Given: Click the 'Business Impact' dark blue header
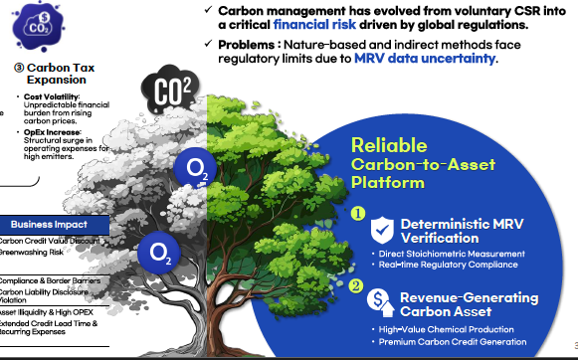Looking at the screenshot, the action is pyautogui.click(x=48, y=225).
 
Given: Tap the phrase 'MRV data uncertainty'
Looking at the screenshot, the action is pyautogui.click(x=425, y=59).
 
